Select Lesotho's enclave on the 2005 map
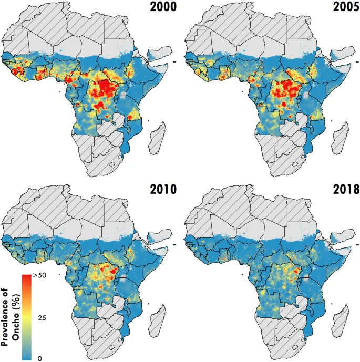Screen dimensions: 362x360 click(294, 163)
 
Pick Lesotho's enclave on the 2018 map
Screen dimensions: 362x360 click(294, 346)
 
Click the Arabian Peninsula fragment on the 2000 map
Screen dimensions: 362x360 click(160, 53)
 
